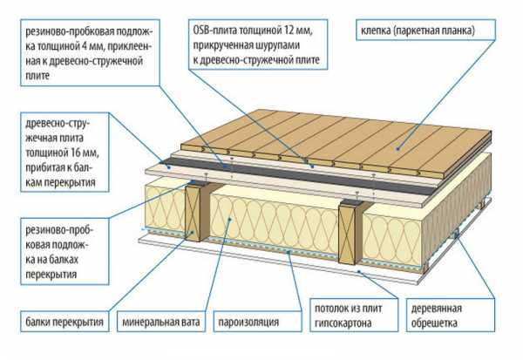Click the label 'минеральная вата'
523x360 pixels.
coord(160,322)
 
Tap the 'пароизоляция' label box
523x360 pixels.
coord(258,322)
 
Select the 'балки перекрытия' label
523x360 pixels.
coord(65,322)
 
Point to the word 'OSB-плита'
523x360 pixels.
coord(212,31)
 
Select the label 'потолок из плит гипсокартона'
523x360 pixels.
coord(354,316)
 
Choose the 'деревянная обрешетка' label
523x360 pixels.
coord(451,316)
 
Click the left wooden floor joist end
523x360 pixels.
coord(193,213)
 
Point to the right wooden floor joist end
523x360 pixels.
coord(347,234)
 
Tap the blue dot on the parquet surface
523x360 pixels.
coord(397,148)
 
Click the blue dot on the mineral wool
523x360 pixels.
coord(229,219)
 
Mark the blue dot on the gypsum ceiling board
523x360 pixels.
coord(359,271)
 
